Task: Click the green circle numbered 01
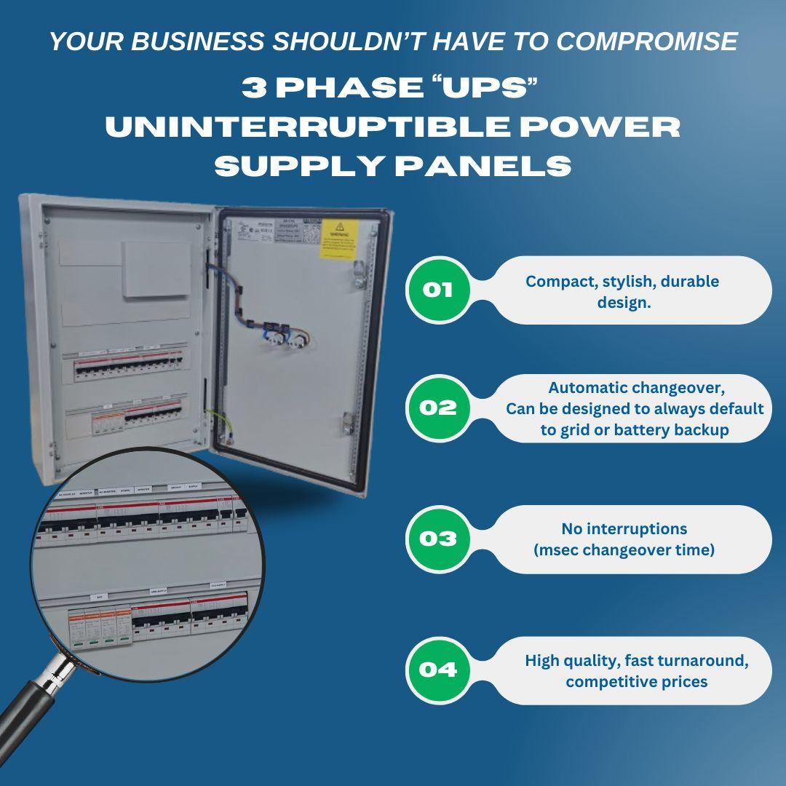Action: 437,290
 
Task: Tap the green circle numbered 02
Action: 437,408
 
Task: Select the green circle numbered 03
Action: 437,539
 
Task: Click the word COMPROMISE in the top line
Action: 648,41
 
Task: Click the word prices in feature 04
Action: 680,682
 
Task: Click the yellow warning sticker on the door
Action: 339,238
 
